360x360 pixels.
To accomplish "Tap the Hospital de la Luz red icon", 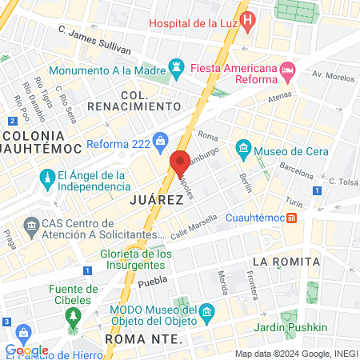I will [249, 18].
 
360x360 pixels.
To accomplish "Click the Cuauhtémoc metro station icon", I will [293, 217].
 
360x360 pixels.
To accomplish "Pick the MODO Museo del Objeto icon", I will [206, 310].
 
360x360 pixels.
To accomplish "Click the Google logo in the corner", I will [26, 350].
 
